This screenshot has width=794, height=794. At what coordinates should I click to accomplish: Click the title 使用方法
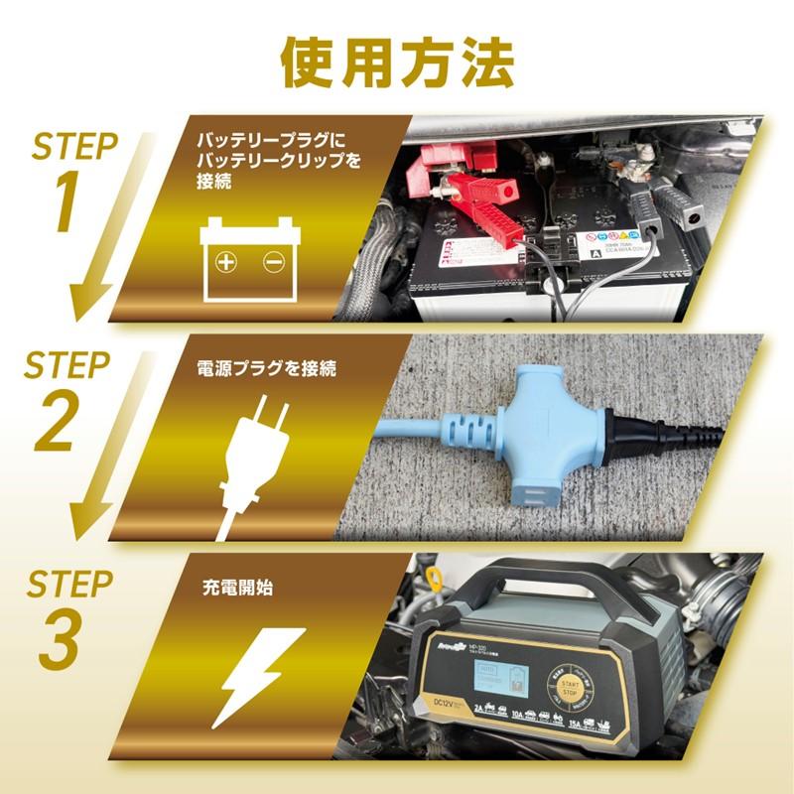[397, 62]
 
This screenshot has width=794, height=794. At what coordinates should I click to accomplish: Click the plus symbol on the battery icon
[227, 262]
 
